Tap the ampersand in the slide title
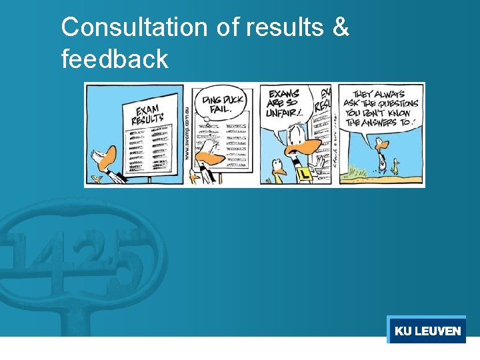click(339, 28)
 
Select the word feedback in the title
click(114, 59)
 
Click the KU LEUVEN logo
click(427, 331)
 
